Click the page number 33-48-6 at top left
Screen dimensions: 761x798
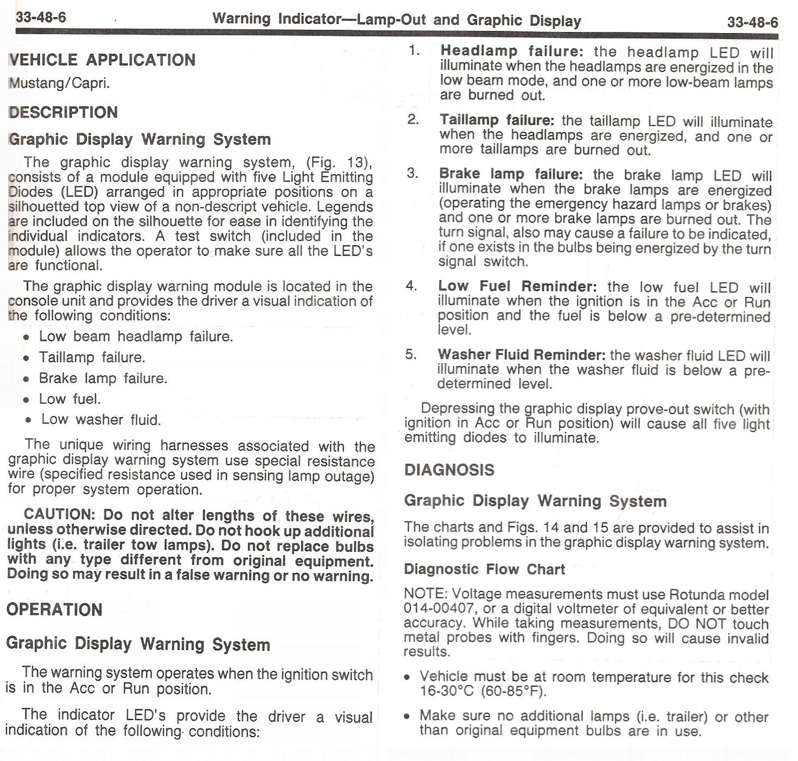[x=41, y=17]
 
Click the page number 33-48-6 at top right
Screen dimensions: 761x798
[x=752, y=22]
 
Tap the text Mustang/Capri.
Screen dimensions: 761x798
[x=60, y=84]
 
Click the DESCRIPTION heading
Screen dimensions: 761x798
[x=63, y=113]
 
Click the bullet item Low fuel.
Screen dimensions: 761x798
[x=70, y=399]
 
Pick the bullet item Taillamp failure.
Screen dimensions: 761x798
[x=92, y=357]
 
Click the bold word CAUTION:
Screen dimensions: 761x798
[x=59, y=515]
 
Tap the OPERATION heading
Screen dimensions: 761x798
[x=54, y=610]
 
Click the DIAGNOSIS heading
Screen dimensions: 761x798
[x=449, y=470]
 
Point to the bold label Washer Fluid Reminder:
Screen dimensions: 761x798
[x=521, y=355]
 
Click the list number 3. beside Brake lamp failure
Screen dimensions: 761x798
[x=413, y=173]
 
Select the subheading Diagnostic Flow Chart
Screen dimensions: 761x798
[x=484, y=569]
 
